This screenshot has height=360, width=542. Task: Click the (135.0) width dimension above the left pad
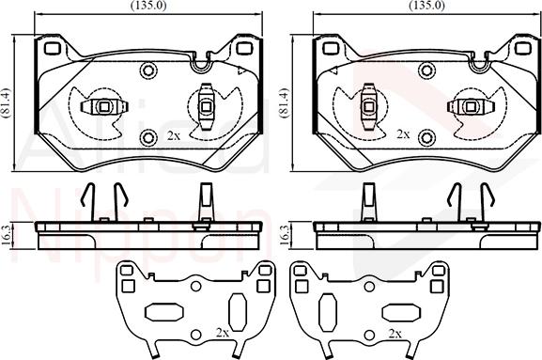pyautogui.click(x=148, y=6)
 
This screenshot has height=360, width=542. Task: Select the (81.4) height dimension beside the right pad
pyautogui.click(x=284, y=103)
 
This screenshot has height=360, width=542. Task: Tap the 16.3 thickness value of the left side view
pyautogui.click(x=7, y=236)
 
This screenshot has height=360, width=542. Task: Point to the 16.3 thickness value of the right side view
pyautogui.click(x=285, y=236)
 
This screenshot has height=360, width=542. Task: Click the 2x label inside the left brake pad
pyautogui.click(x=174, y=136)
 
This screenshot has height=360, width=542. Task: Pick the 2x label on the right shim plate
pyautogui.click(x=395, y=334)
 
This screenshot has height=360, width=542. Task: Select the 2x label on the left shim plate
pyautogui.click(x=223, y=333)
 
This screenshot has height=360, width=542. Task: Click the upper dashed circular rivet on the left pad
pyautogui.click(x=148, y=70)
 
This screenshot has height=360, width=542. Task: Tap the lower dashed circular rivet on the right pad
pyautogui.click(x=426, y=138)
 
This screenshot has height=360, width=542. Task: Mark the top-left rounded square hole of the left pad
pyautogui.click(x=53, y=49)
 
